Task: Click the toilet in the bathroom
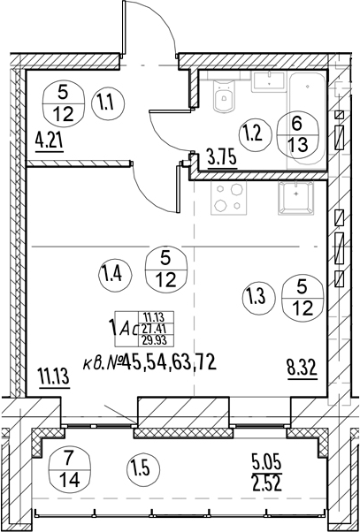pos(224,95)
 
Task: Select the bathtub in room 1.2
pos(307,120)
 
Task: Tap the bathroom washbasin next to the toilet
pos(269,81)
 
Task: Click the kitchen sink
pos(295,198)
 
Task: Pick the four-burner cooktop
pos(227,198)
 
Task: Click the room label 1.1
pos(108,103)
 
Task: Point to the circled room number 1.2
pos(256,135)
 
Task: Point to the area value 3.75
pos(222,158)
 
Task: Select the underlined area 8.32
pos(303,367)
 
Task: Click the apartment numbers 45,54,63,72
pos(170,363)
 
